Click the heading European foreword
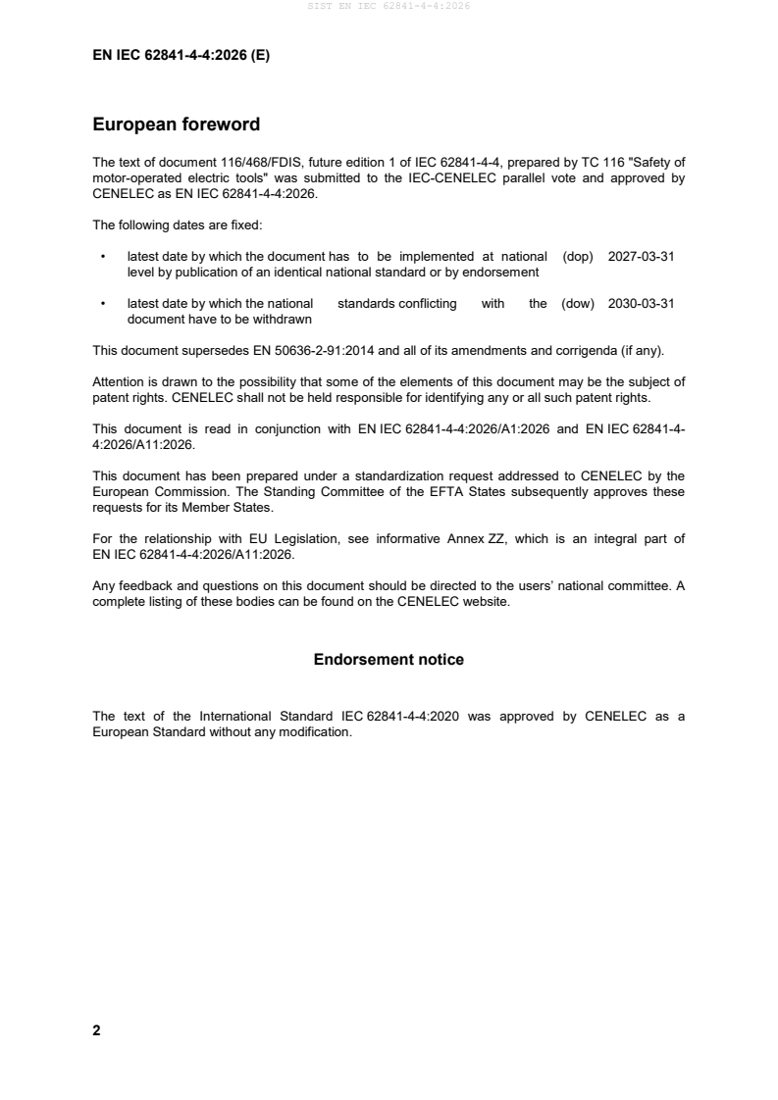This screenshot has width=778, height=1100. point(176,125)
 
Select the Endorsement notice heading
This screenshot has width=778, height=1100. point(389,660)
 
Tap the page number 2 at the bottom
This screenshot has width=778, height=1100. point(96,1030)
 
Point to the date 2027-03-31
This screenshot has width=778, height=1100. point(641,256)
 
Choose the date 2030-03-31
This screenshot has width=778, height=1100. point(641,304)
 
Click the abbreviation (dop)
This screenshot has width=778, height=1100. point(579,256)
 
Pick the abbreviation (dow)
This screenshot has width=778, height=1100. point(578,304)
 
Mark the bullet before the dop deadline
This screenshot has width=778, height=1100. point(103,257)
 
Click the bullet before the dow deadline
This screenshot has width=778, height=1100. point(103,305)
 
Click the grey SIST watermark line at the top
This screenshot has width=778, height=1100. point(389,6)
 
